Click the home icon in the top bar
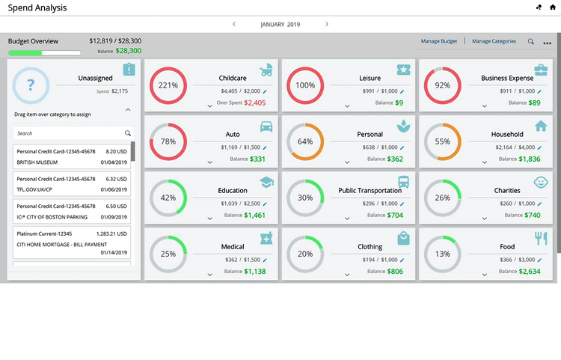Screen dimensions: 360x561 pos(552,7)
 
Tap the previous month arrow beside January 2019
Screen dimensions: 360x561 pos(234,24)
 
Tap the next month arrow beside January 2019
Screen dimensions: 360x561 pos(327,24)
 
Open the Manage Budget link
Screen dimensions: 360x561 pos(439,41)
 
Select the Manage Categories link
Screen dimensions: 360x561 pos(494,41)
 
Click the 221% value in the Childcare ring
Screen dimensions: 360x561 pos(168,85)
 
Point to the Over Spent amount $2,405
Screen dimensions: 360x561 pos(254,103)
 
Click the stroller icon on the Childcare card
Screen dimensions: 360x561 pos(266,70)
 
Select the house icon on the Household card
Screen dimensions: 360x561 pos(541,126)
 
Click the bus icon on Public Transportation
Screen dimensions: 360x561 pos(404,182)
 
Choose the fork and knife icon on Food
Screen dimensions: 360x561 pos(541,238)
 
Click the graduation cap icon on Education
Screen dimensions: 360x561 pos(266,182)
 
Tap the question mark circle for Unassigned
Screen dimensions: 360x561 pos(31,85)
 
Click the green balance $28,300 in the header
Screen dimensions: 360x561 pos(128,51)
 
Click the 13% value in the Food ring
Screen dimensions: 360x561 pos(443,254)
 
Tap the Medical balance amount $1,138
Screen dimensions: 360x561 pos(254,271)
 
